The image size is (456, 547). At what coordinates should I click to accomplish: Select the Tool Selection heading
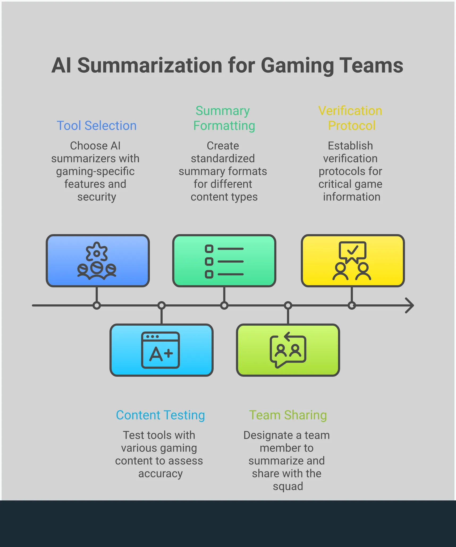pos(97,126)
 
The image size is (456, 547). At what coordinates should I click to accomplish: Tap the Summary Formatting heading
pos(224,118)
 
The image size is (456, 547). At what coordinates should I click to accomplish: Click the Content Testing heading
pos(161,415)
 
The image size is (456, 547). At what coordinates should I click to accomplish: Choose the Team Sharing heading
pos(288,415)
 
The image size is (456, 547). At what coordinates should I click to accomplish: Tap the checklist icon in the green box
pos(224,261)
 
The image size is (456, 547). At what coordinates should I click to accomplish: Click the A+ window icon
pos(161,350)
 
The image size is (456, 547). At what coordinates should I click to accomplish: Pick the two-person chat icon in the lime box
pos(288,350)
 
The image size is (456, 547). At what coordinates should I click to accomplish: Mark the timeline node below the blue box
pos(97,305)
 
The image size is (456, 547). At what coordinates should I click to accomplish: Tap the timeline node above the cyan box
pos(162,305)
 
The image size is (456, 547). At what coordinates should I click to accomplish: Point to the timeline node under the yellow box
pos(352,305)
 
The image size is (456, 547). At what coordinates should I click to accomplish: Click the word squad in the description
pos(288,486)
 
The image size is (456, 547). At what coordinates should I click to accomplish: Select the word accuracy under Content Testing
pos(161,473)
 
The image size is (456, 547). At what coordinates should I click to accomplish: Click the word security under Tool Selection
pos(97,197)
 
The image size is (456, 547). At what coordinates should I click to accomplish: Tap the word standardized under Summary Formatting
pos(223,159)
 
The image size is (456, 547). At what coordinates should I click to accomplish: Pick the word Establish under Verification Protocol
pos(350,146)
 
